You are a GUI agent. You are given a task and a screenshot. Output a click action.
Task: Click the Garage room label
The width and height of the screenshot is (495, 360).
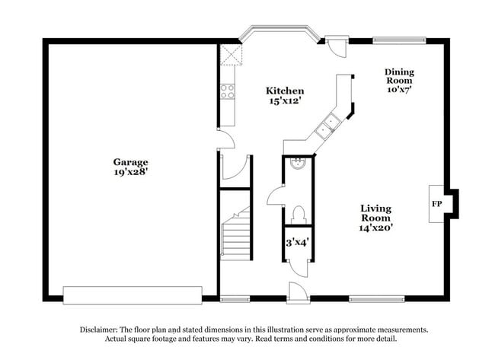[130, 162]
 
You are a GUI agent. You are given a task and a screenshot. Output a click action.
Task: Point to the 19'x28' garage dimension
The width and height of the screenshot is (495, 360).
[130, 173]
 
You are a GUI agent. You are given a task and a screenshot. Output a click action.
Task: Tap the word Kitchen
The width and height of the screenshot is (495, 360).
[284, 91]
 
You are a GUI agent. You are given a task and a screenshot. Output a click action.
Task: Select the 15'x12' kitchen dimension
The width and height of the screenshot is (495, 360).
[284, 101]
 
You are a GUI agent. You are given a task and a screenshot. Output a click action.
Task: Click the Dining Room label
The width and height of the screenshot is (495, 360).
[398, 75]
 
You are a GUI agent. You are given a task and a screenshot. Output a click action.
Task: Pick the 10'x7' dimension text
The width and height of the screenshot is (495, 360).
[398, 88]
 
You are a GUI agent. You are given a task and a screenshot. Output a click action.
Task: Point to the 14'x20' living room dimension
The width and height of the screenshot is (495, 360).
[376, 227]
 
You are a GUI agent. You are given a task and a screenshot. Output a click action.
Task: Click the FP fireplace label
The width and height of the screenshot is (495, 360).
[437, 205]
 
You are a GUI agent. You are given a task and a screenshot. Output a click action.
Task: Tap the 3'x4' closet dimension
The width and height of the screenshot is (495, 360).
[296, 243]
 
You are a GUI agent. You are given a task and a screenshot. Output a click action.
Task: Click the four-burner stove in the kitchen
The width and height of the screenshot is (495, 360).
[227, 91]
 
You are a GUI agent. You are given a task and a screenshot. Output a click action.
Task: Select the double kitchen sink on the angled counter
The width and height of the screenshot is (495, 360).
[330, 124]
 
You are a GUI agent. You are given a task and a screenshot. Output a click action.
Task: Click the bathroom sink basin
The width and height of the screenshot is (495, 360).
[298, 162]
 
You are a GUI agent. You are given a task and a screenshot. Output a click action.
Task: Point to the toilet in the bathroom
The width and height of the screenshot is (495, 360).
[298, 214]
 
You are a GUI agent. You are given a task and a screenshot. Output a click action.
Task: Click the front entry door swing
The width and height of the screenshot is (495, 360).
[296, 292]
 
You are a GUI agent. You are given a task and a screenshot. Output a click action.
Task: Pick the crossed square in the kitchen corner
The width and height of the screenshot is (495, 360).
[229, 56]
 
